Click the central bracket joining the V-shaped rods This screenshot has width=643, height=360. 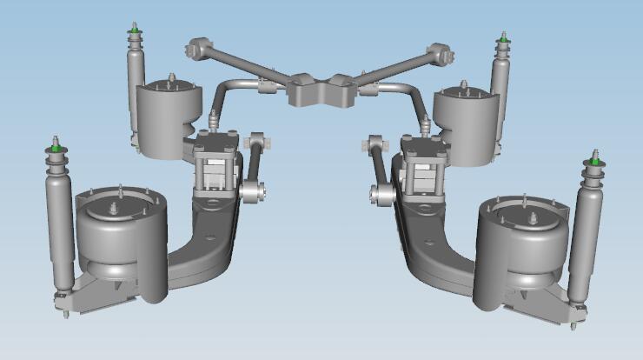click(x=321, y=90)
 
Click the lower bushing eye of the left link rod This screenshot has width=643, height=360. click(x=252, y=190)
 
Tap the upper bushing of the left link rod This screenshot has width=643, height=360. click(x=255, y=140)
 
